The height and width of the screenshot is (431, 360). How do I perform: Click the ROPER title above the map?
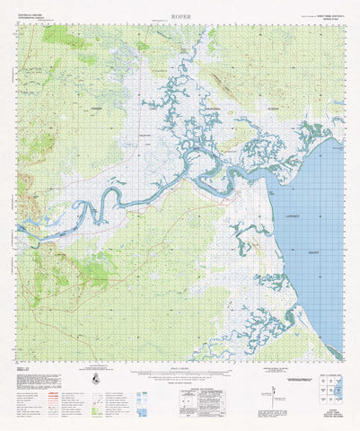pos(180,16)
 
